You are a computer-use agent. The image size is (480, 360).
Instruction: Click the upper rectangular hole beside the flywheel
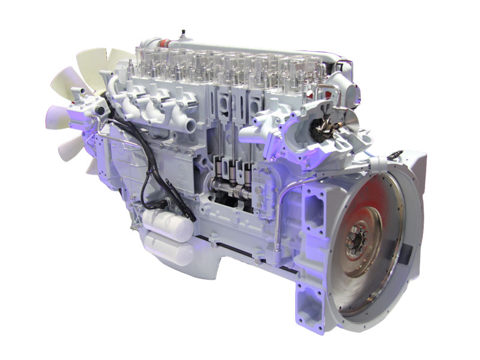pos(313,204)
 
